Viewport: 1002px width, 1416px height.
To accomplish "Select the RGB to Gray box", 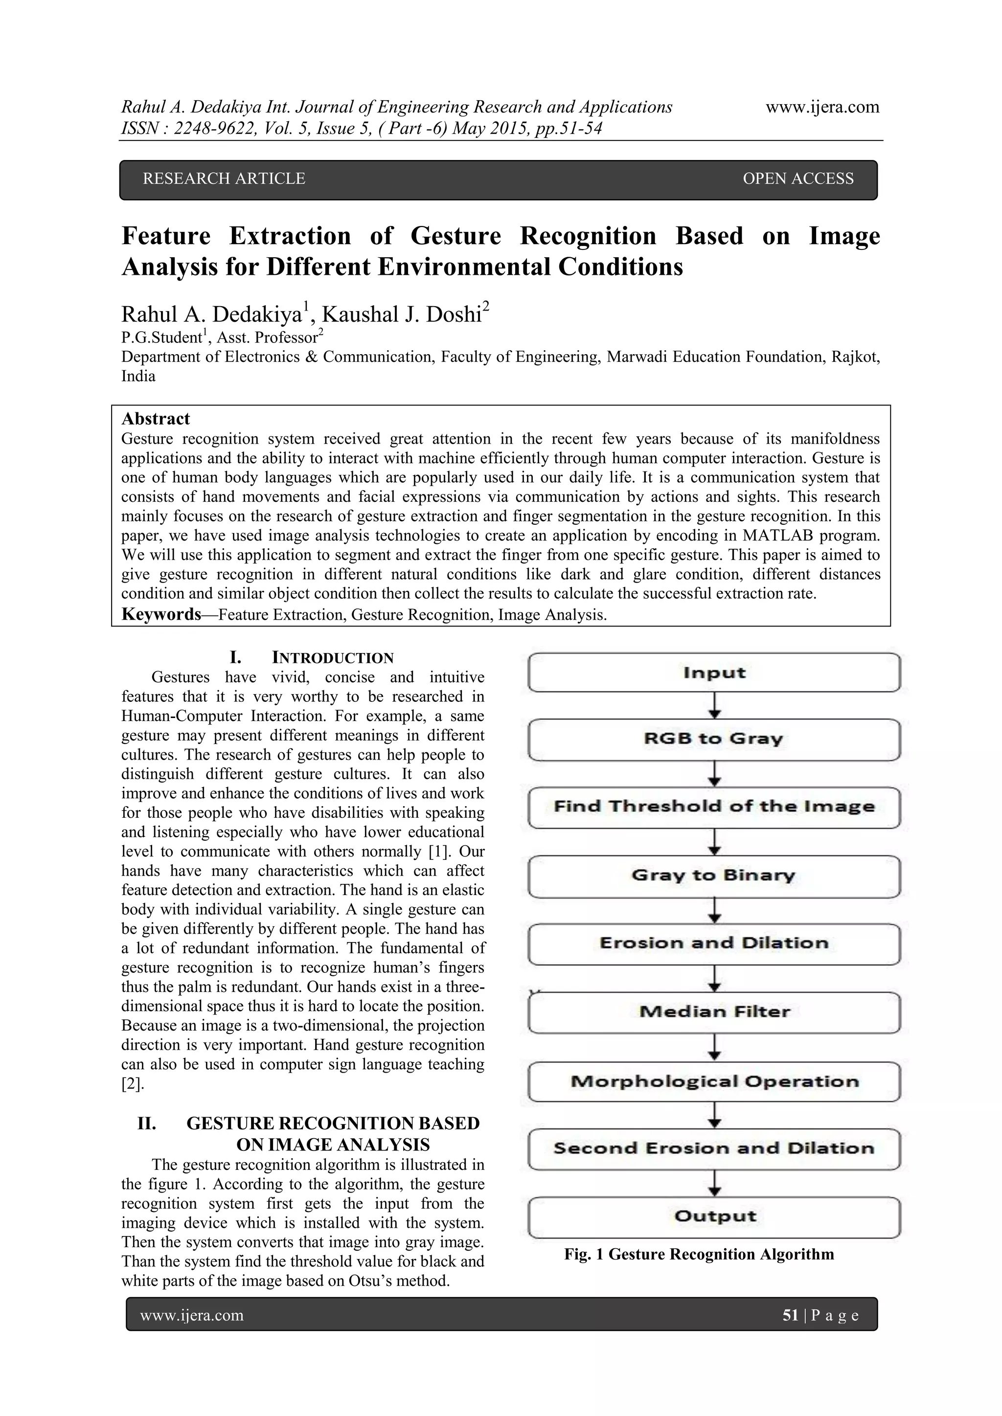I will pyautogui.click(x=714, y=739).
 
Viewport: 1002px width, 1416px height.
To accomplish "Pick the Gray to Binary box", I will pyautogui.click(x=714, y=875).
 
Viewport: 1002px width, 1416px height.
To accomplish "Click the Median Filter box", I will pyautogui.click(x=714, y=1012).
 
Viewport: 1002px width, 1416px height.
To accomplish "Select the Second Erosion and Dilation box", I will pyautogui.click(x=714, y=1148).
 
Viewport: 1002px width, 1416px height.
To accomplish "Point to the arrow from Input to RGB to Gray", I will pyautogui.click(x=714, y=705).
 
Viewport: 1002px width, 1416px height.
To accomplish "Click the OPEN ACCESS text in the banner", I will pyautogui.click(x=798, y=179).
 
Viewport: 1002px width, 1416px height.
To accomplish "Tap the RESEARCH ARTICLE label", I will pyautogui.click(x=224, y=179).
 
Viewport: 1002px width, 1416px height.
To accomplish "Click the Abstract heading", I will pyautogui.click(x=156, y=419).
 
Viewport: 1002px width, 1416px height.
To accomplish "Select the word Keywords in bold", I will pyautogui.click(x=161, y=614).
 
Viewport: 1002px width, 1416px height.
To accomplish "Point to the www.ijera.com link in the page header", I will pyautogui.click(x=822, y=107).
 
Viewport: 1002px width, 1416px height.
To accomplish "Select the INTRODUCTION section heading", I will pyautogui.click(x=333, y=657).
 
